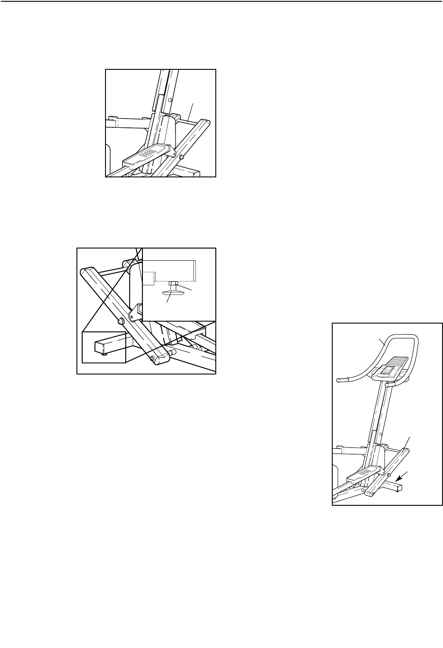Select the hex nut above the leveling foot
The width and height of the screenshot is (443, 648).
(172, 283)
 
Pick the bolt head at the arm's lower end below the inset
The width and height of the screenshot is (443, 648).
(152, 359)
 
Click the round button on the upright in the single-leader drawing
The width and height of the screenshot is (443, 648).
(170, 100)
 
